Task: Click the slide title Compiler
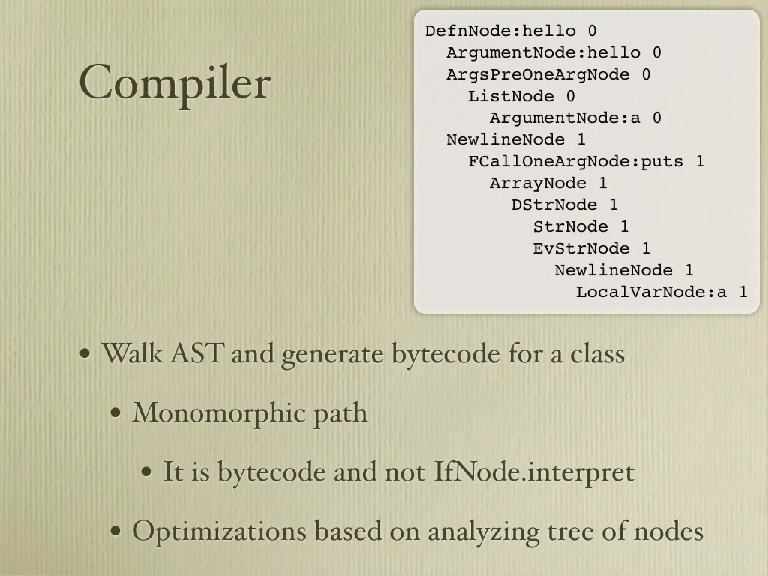point(175,82)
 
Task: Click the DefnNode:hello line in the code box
point(510,31)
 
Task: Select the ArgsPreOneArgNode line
point(548,74)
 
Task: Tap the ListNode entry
point(521,96)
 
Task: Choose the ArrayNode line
point(548,183)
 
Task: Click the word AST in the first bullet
point(197,353)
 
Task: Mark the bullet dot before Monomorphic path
point(116,413)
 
